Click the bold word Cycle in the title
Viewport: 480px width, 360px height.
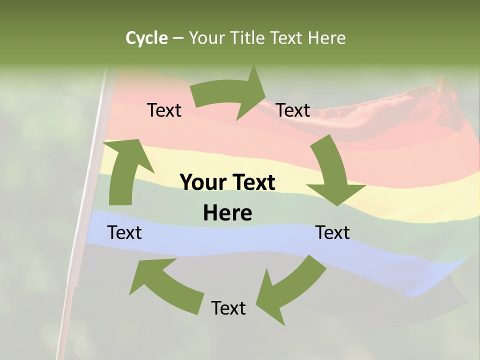coord(146,38)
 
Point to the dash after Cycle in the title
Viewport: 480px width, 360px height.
coord(178,38)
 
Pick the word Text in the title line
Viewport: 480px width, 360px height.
coord(287,38)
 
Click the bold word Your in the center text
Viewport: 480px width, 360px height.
coord(202,182)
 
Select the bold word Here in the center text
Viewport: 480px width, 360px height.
coord(227,213)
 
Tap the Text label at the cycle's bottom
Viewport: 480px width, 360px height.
coord(228,308)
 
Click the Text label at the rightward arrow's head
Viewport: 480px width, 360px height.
coord(293,110)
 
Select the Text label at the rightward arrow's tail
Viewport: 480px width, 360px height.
coord(164,110)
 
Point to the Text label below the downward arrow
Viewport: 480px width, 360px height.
coord(332,232)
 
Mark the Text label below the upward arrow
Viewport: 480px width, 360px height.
coord(124,232)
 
